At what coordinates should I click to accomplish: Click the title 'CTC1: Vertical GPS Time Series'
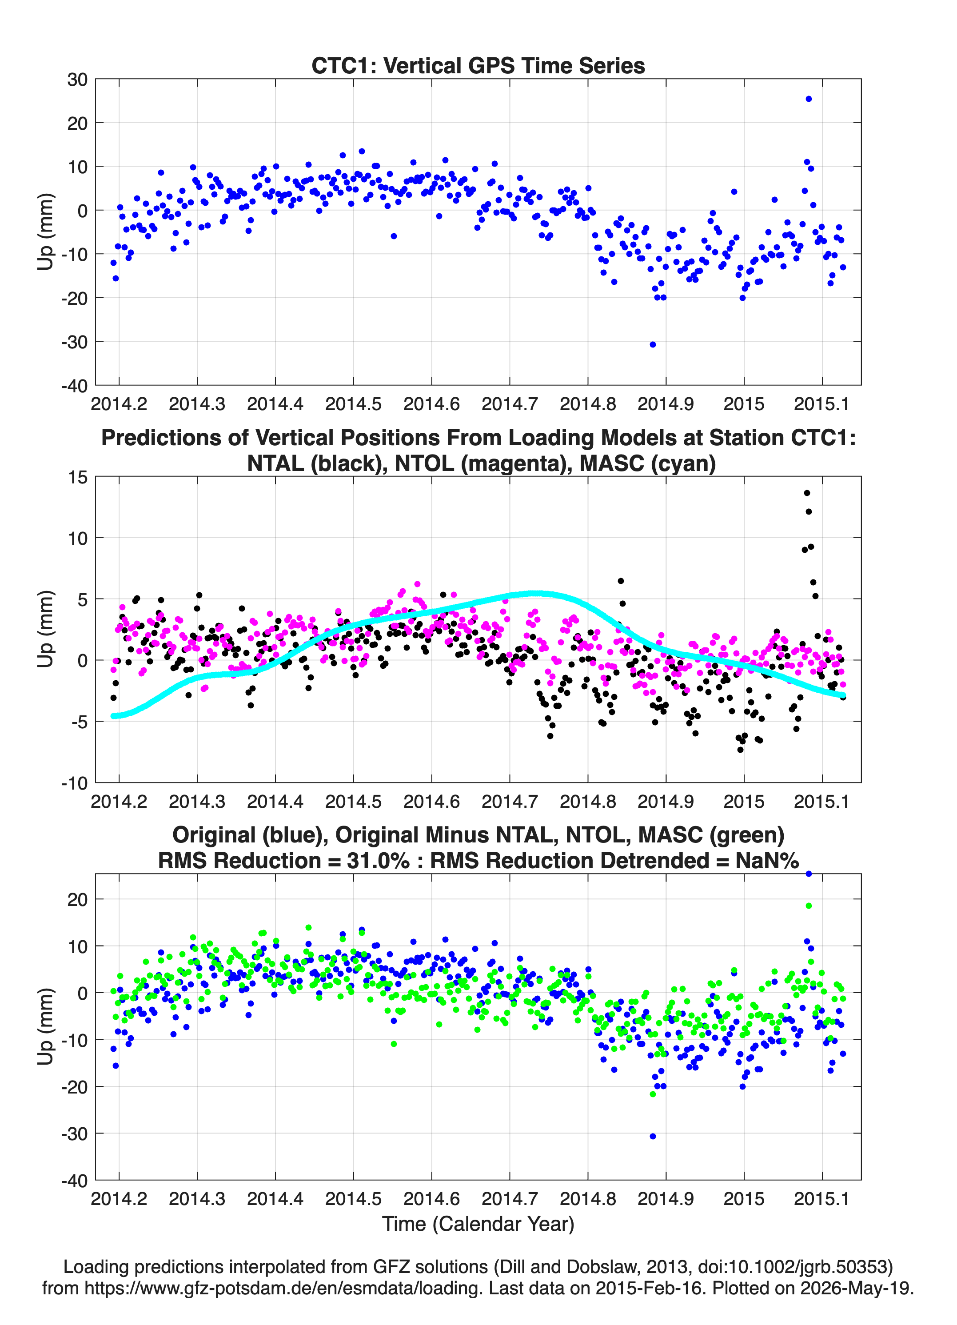tap(478, 65)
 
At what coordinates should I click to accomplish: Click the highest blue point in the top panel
tap(809, 99)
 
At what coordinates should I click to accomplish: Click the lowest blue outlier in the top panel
tap(653, 345)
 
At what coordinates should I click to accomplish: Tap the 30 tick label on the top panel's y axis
tap(77, 80)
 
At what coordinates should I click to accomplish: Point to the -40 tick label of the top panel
tap(74, 386)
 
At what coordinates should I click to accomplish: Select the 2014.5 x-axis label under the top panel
tap(353, 404)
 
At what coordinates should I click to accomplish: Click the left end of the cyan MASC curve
tap(113, 716)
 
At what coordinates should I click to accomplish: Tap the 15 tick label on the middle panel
tap(78, 477)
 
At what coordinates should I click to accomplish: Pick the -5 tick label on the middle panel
tap(80, 722)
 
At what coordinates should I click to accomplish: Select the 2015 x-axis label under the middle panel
tap(744, 802)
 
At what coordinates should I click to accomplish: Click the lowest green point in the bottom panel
tap(653, 1094)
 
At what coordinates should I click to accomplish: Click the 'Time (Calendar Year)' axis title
tap(478, 1224)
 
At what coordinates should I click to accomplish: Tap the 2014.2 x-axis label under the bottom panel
tap(119, 1199)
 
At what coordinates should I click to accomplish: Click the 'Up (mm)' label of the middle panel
tap(46, 629)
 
